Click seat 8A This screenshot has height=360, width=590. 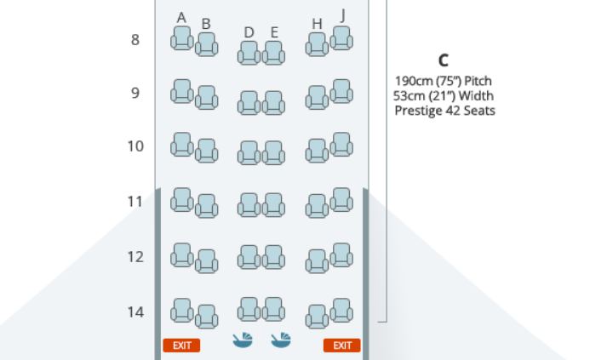181,38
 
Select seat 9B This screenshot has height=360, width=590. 206,98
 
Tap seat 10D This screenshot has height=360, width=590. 249,152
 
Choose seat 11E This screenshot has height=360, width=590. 273,204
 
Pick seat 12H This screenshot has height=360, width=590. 317,261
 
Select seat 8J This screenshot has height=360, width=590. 341,38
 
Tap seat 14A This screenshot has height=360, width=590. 181,310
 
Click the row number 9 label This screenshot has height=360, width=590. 135,93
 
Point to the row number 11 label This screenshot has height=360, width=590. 135,202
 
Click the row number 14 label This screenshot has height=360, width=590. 135,311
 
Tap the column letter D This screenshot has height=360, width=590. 249,32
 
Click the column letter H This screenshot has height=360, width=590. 317,24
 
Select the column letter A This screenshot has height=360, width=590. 181,17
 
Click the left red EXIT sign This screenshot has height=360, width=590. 181,345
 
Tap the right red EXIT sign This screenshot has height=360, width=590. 341,345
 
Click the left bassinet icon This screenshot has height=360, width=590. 243,340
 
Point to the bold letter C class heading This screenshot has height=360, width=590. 443,60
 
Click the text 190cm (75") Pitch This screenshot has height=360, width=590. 444,81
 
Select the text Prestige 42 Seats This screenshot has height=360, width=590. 444,111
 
